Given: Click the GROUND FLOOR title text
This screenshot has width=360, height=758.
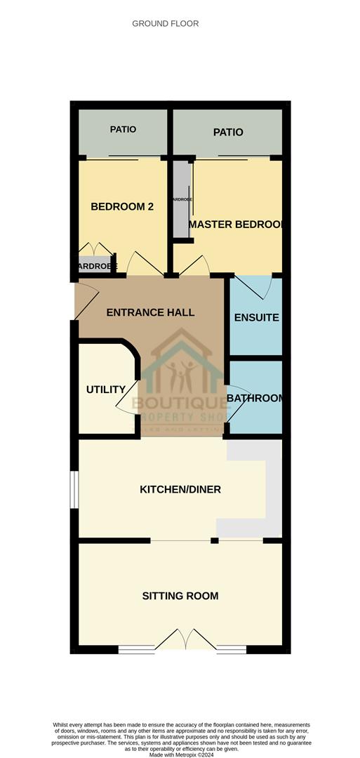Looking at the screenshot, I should point(166,24).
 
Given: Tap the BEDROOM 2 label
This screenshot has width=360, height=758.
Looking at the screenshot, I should point(122,206).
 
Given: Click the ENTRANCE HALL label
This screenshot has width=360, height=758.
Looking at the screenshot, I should point(150,312).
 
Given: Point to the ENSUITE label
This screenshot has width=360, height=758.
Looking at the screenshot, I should point(256,317).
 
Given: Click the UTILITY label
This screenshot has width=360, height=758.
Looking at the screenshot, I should point(106,390).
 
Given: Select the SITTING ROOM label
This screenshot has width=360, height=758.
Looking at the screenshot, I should point(180,596).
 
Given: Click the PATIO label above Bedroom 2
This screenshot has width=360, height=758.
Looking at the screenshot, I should point(123,129).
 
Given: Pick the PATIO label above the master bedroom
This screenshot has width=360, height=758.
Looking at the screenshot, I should point(229,132).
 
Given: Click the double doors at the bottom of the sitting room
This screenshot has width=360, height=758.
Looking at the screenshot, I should point(181,640).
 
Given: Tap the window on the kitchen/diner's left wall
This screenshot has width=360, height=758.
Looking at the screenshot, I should point(74,487).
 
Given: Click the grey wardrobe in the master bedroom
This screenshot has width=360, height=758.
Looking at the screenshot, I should point(181,200).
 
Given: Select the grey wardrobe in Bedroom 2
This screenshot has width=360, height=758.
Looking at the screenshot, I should point(93,266).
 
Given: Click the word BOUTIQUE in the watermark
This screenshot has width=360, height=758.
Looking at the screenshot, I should point(180,402).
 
